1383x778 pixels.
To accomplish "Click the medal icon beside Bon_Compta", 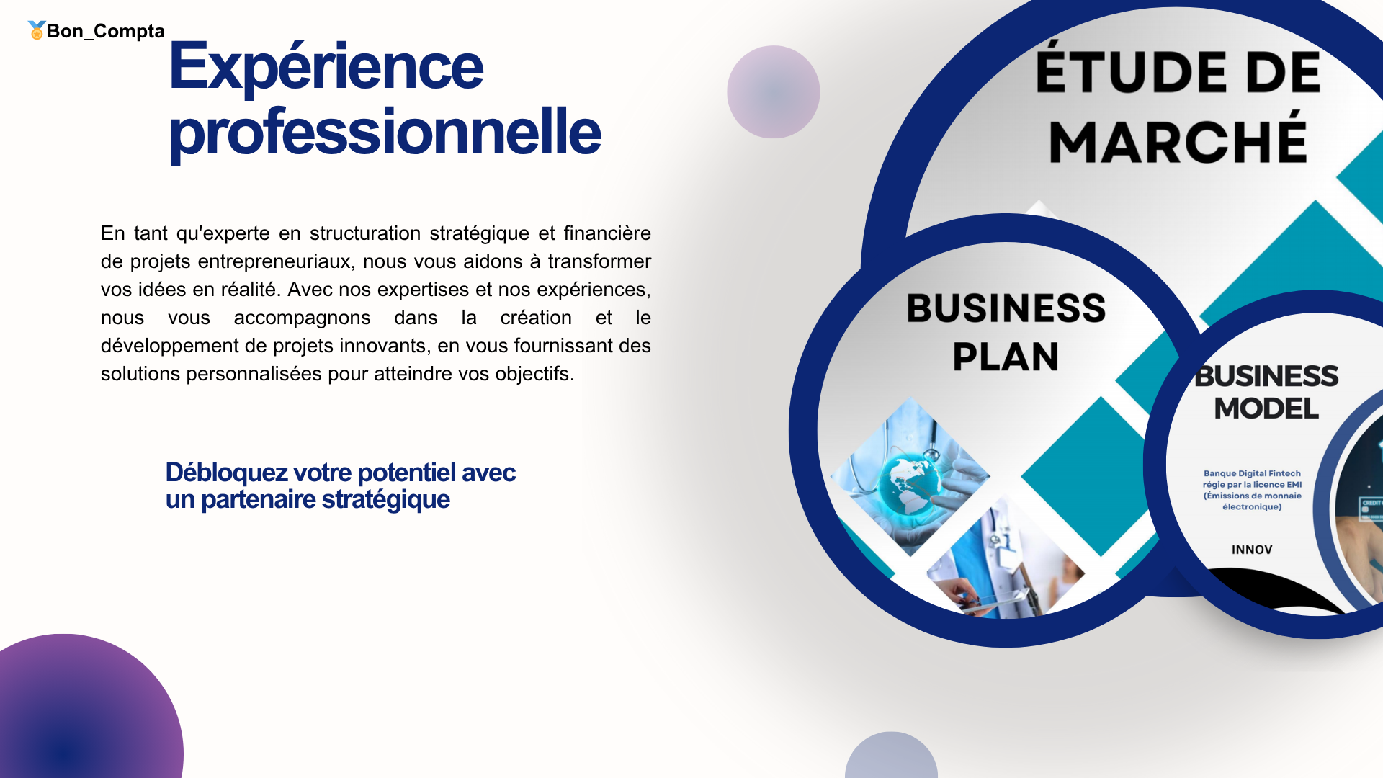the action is tap(37, 30).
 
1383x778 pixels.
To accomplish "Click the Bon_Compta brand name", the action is tap(106, 31).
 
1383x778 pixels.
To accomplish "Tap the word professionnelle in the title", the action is tap(385, 133).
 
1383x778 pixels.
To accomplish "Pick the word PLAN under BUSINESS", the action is tap(1006, 357).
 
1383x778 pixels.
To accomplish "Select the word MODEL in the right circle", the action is tap(1266, 408).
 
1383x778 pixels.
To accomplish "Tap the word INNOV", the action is tap(1252, 550).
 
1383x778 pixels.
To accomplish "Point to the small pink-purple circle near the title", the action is tap(774, 91).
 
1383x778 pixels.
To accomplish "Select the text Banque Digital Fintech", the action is tap(1252, 473).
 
